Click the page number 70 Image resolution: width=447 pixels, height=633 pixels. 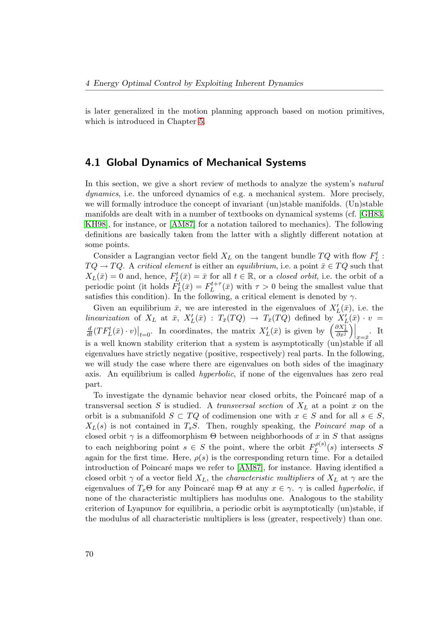[89, 554]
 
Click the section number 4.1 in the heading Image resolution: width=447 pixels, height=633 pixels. [93, 162]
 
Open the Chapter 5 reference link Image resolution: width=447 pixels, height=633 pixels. [201, 122]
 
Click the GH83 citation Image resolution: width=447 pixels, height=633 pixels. [372, 214]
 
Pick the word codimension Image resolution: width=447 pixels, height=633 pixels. [232, 416]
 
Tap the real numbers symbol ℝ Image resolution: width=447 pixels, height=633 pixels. [252, 276]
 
